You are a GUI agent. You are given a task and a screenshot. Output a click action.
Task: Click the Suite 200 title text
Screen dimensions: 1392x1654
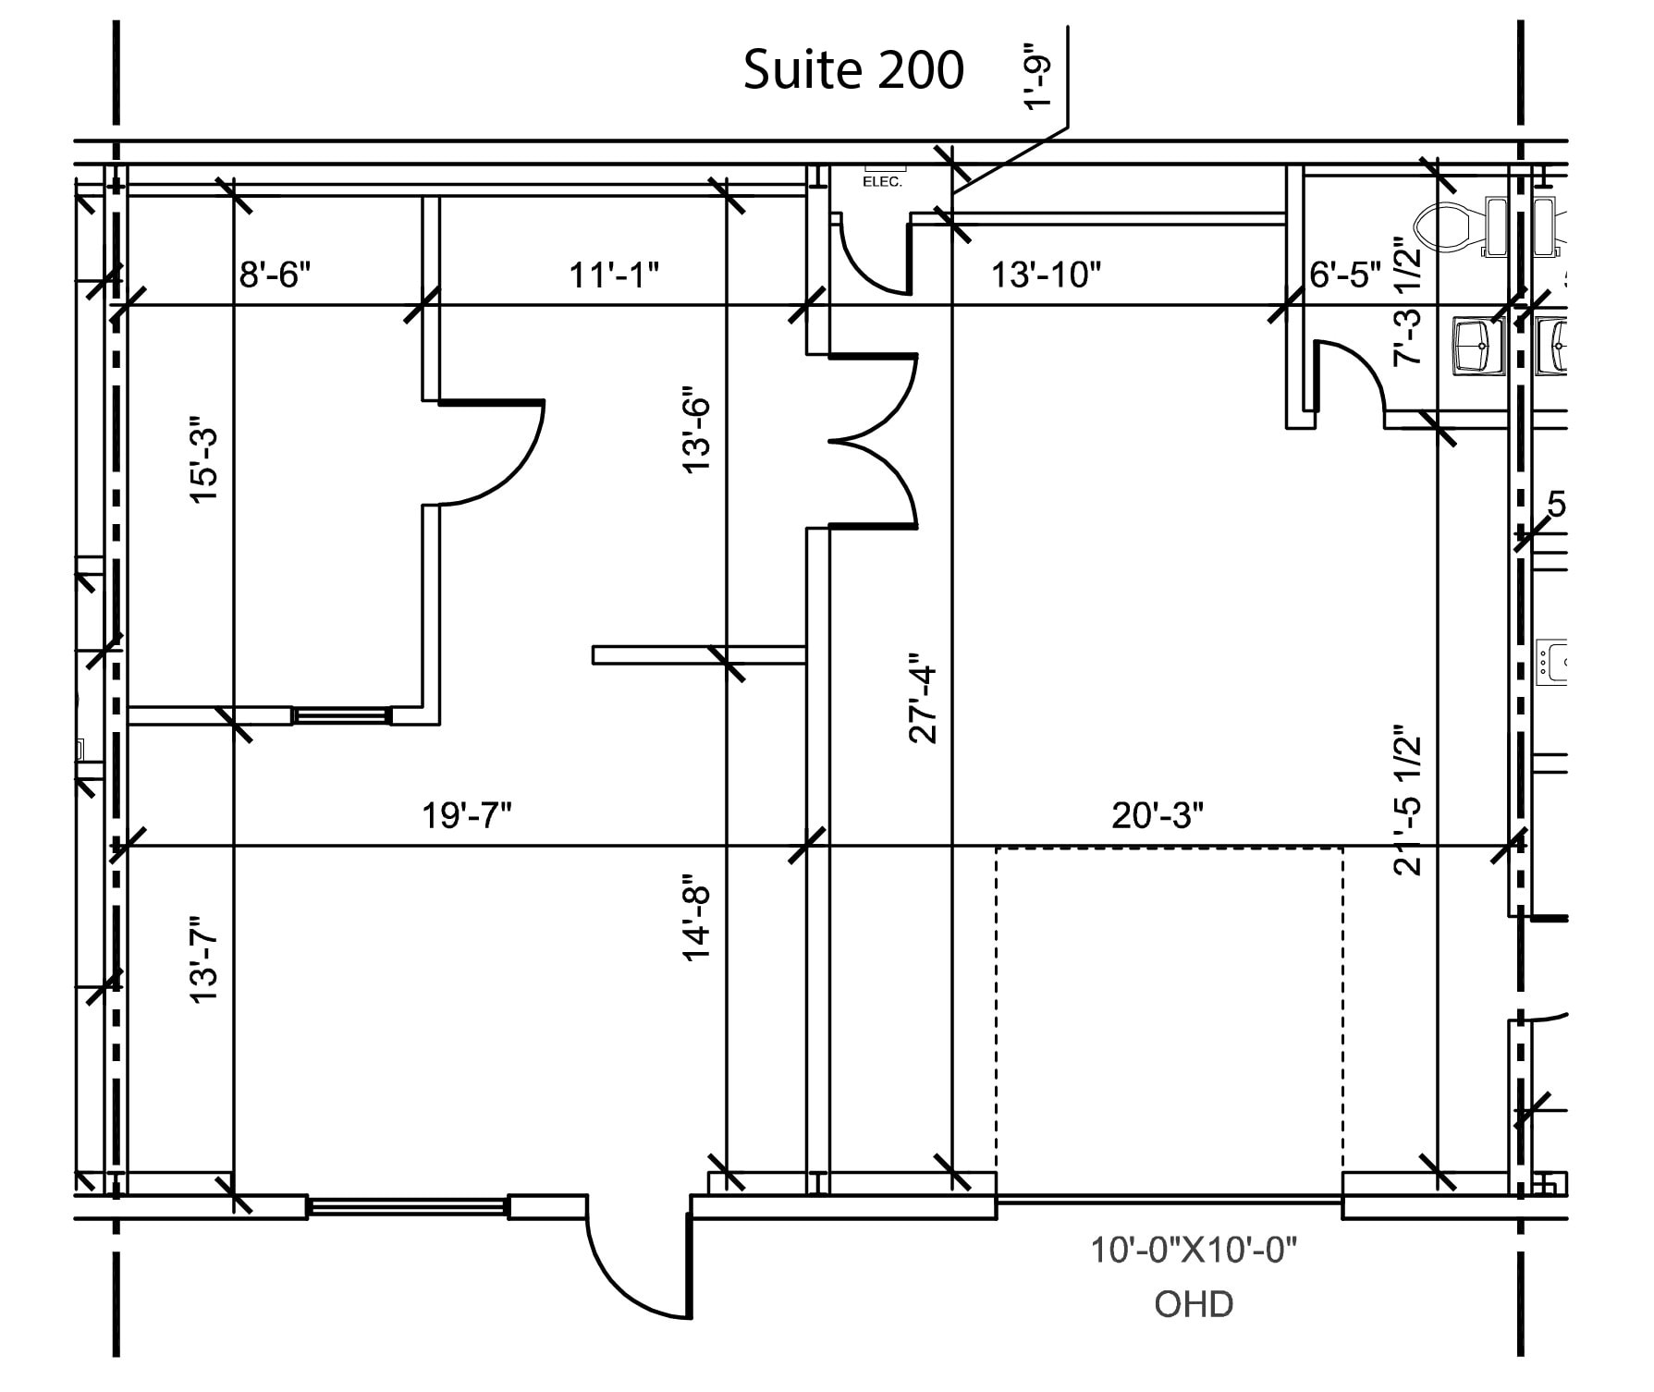point(852,70)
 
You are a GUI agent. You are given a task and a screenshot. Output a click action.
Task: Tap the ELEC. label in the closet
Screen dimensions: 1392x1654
point(882,182)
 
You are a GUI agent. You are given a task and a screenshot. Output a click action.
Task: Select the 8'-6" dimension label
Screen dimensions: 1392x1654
point(275,275)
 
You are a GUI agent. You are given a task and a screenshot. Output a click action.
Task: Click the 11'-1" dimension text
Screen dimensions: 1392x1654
point(614,275)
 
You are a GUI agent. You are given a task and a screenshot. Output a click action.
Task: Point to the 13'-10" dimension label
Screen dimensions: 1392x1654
point(1046,275)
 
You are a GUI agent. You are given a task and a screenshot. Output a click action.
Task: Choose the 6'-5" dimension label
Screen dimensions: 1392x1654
point(1344,275)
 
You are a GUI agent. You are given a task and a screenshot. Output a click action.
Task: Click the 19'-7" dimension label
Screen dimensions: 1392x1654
point(467,815)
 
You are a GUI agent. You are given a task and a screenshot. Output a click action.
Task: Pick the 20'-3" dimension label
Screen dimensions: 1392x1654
point(1158,815)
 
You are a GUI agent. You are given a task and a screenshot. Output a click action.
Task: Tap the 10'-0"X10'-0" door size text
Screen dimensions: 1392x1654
point(1194,1251)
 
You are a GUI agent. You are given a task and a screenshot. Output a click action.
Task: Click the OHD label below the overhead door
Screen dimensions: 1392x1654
point(1194,1304)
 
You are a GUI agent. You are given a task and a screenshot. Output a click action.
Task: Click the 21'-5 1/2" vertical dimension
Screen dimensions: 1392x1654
point(1407,800)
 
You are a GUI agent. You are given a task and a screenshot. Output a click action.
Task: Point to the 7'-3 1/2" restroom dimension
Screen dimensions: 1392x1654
point(1407,303)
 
